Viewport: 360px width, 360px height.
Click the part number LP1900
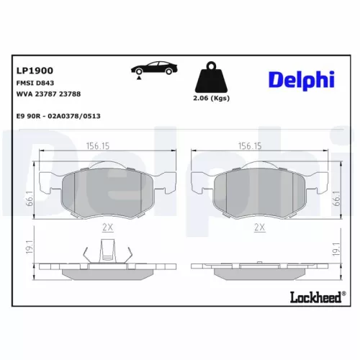[x=35, y=71]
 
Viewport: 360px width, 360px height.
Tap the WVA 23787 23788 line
[x=48, y=94]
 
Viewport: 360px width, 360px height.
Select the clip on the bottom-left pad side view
[x=107, y=253]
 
